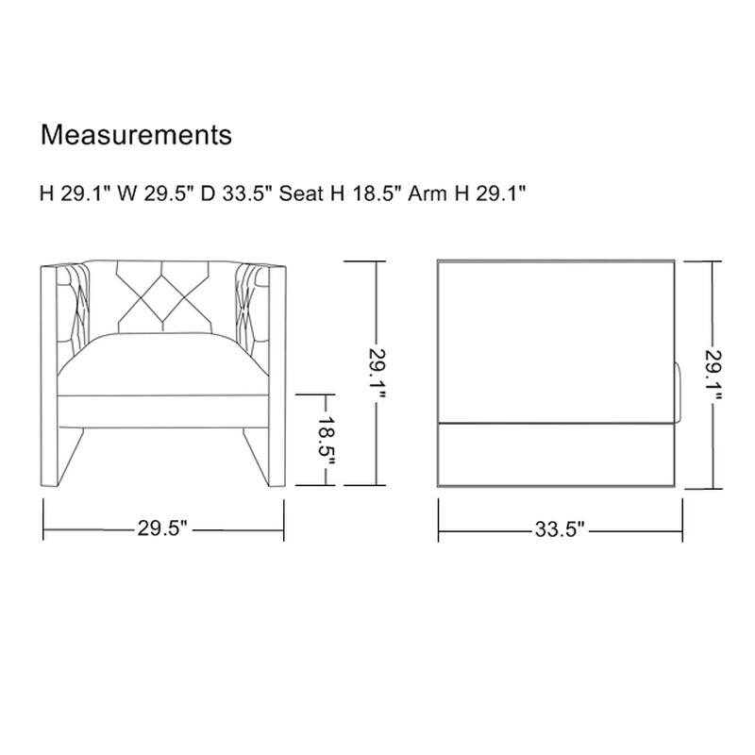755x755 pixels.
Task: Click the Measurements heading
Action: [136, 135]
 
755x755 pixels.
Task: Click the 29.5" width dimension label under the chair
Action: [162, 528]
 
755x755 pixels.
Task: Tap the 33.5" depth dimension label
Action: [560, 529]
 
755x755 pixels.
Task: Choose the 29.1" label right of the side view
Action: [713, 375]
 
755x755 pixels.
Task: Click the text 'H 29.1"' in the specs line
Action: [75, 193]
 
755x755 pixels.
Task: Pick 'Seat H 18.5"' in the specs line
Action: [341, 193]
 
